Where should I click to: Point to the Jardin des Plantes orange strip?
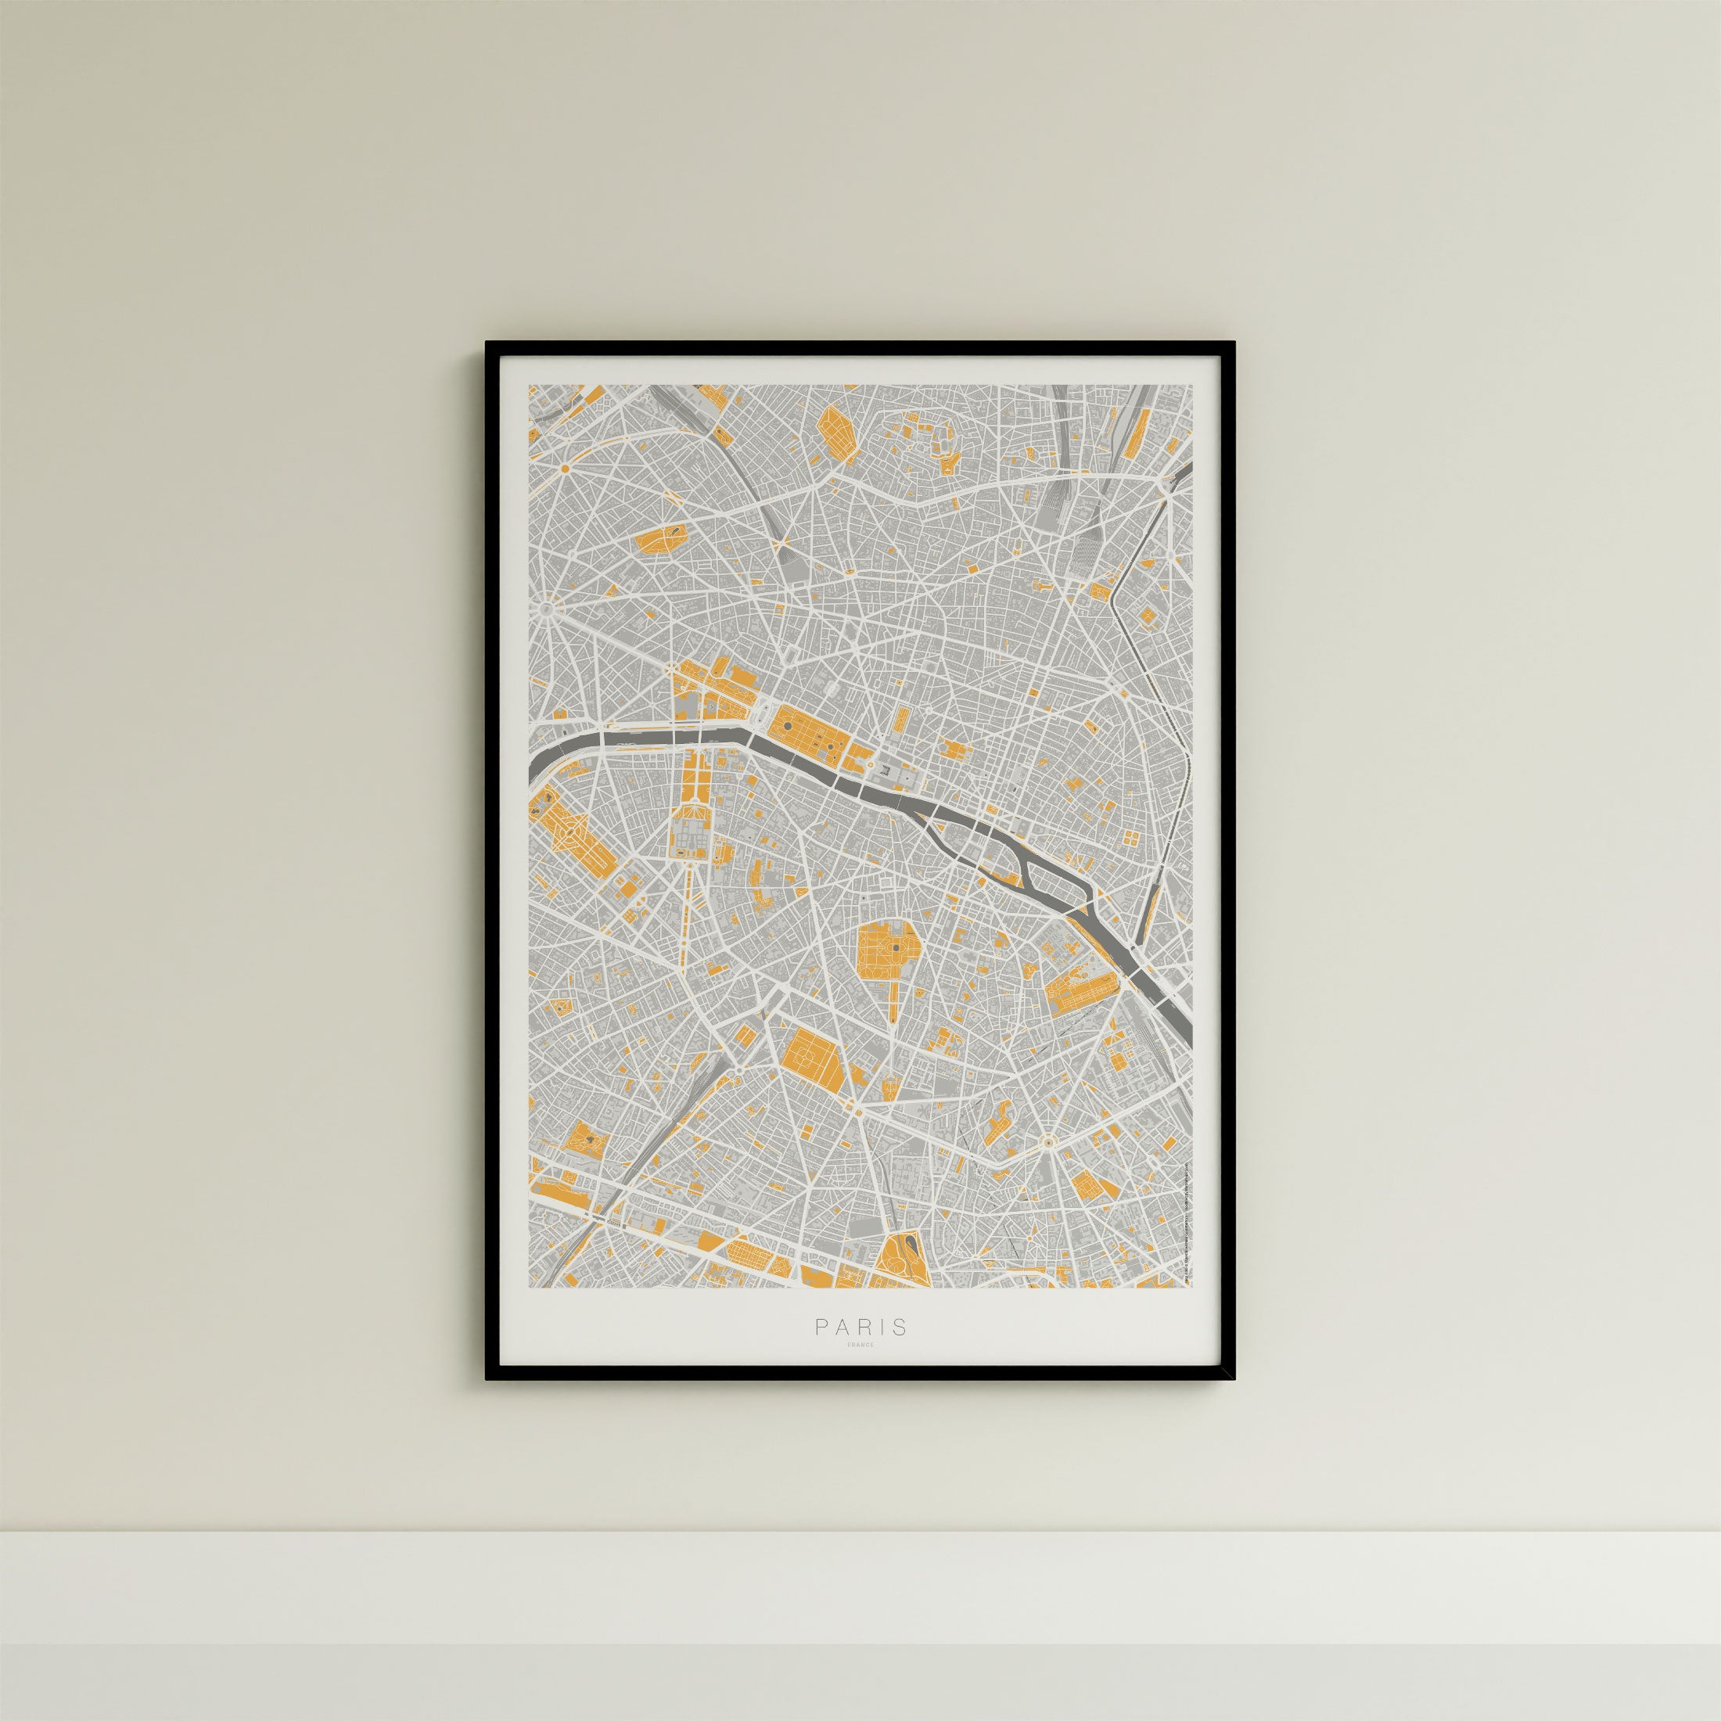click(1080, 990)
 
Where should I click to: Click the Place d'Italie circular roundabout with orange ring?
click(1048, 1141)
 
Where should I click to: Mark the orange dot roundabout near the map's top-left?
click(564, 468)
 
